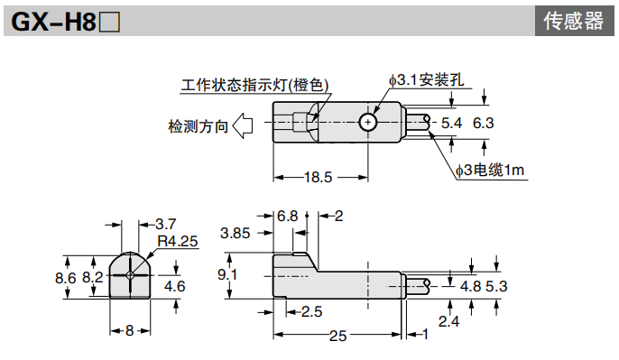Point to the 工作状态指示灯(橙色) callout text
coord(254,86)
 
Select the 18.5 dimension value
coord(318,177)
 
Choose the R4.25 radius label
coord(176,241)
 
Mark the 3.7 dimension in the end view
coord(165,224)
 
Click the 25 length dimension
coord(337,336)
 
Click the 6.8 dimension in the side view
coord(288,216)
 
